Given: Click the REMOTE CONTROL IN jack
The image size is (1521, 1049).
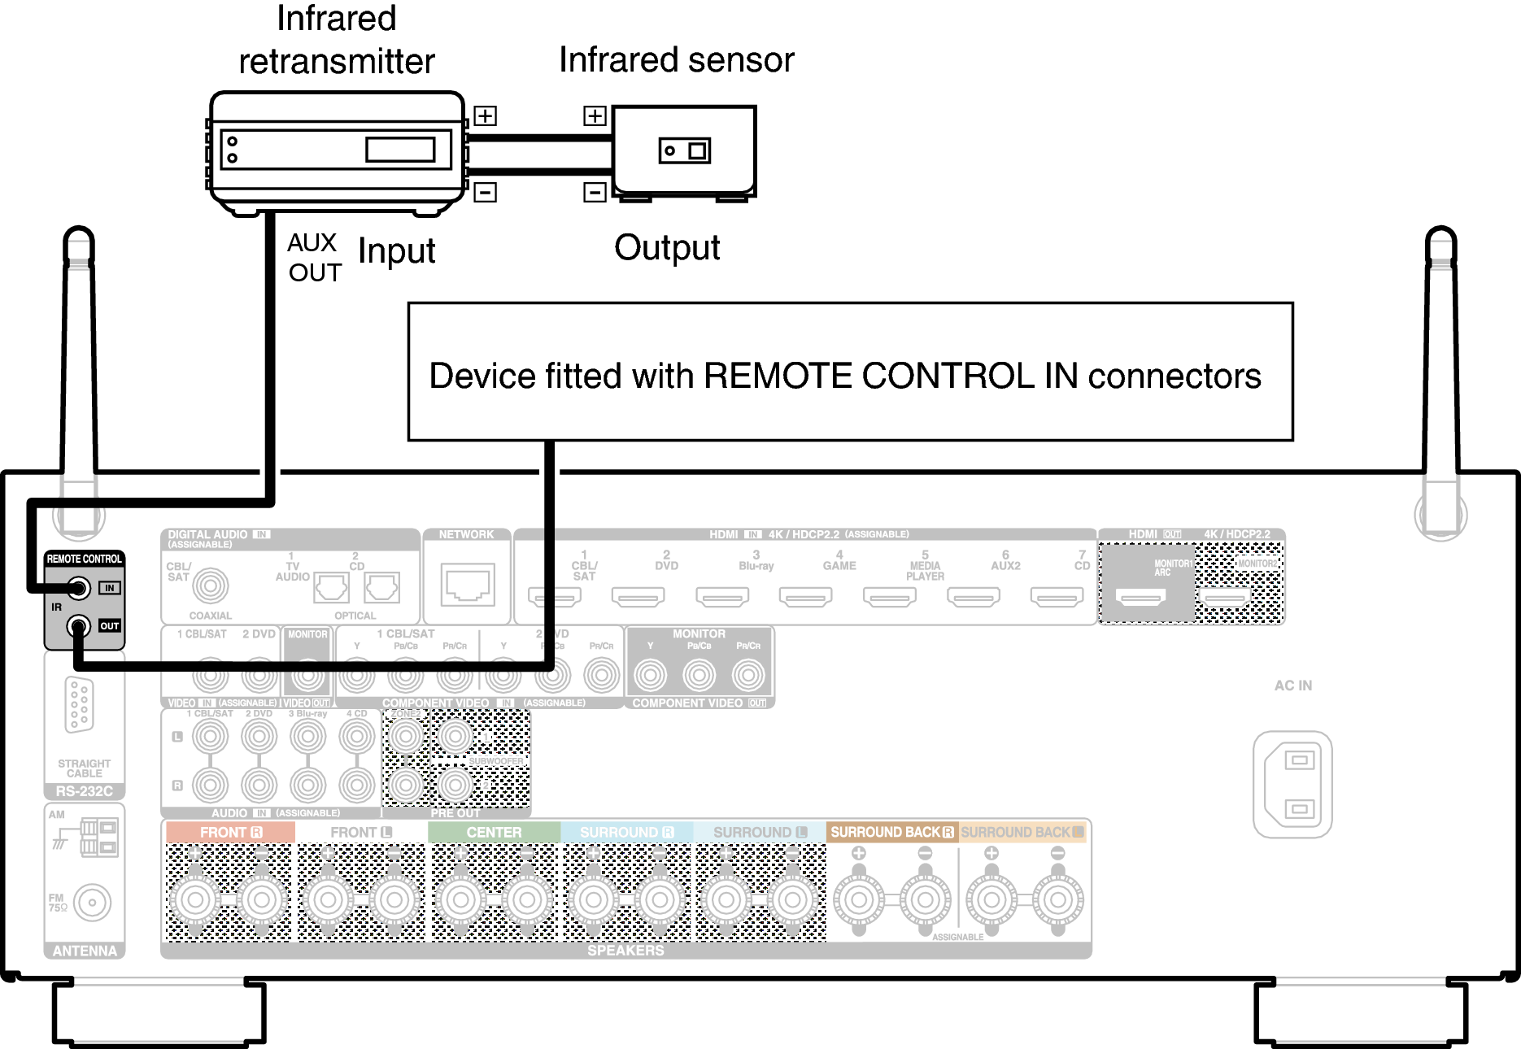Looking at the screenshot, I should [x=79, y=587].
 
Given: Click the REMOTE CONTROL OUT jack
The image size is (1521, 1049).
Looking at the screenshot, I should [x=79, y=626].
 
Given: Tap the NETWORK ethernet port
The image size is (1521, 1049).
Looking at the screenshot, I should [x=468, y=584].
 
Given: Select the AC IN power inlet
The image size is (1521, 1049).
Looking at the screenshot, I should [x=1292, y=784].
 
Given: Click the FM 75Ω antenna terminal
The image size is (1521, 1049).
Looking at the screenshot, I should [x=92, y=902].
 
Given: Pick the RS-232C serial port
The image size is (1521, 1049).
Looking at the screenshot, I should [x=80, y=704].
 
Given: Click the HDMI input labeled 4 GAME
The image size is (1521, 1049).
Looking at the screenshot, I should [x=805, y=598].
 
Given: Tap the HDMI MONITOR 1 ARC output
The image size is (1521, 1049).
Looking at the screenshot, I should [x=1140, y=598].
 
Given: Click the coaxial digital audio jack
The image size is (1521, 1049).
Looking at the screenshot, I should [x=210, y=585].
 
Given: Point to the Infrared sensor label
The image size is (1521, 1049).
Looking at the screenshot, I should [x=676, y=60].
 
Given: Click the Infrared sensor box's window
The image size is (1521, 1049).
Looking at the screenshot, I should [x=684, y=150].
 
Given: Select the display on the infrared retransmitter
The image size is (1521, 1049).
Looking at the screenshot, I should [x=400, y=150].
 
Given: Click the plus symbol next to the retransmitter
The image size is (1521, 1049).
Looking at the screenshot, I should [x=485, y=115].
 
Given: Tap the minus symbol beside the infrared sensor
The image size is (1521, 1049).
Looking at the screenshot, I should [x=595, y=192].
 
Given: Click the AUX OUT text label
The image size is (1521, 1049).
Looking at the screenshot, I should [x=313, y=257].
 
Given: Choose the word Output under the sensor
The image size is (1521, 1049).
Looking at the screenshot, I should [x=667, y=248].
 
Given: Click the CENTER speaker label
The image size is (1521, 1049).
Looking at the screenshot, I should [x=494, y=833].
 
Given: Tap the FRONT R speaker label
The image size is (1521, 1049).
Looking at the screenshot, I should [x=230, y=833].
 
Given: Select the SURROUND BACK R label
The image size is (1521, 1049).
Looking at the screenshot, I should [x=891, y=833].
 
